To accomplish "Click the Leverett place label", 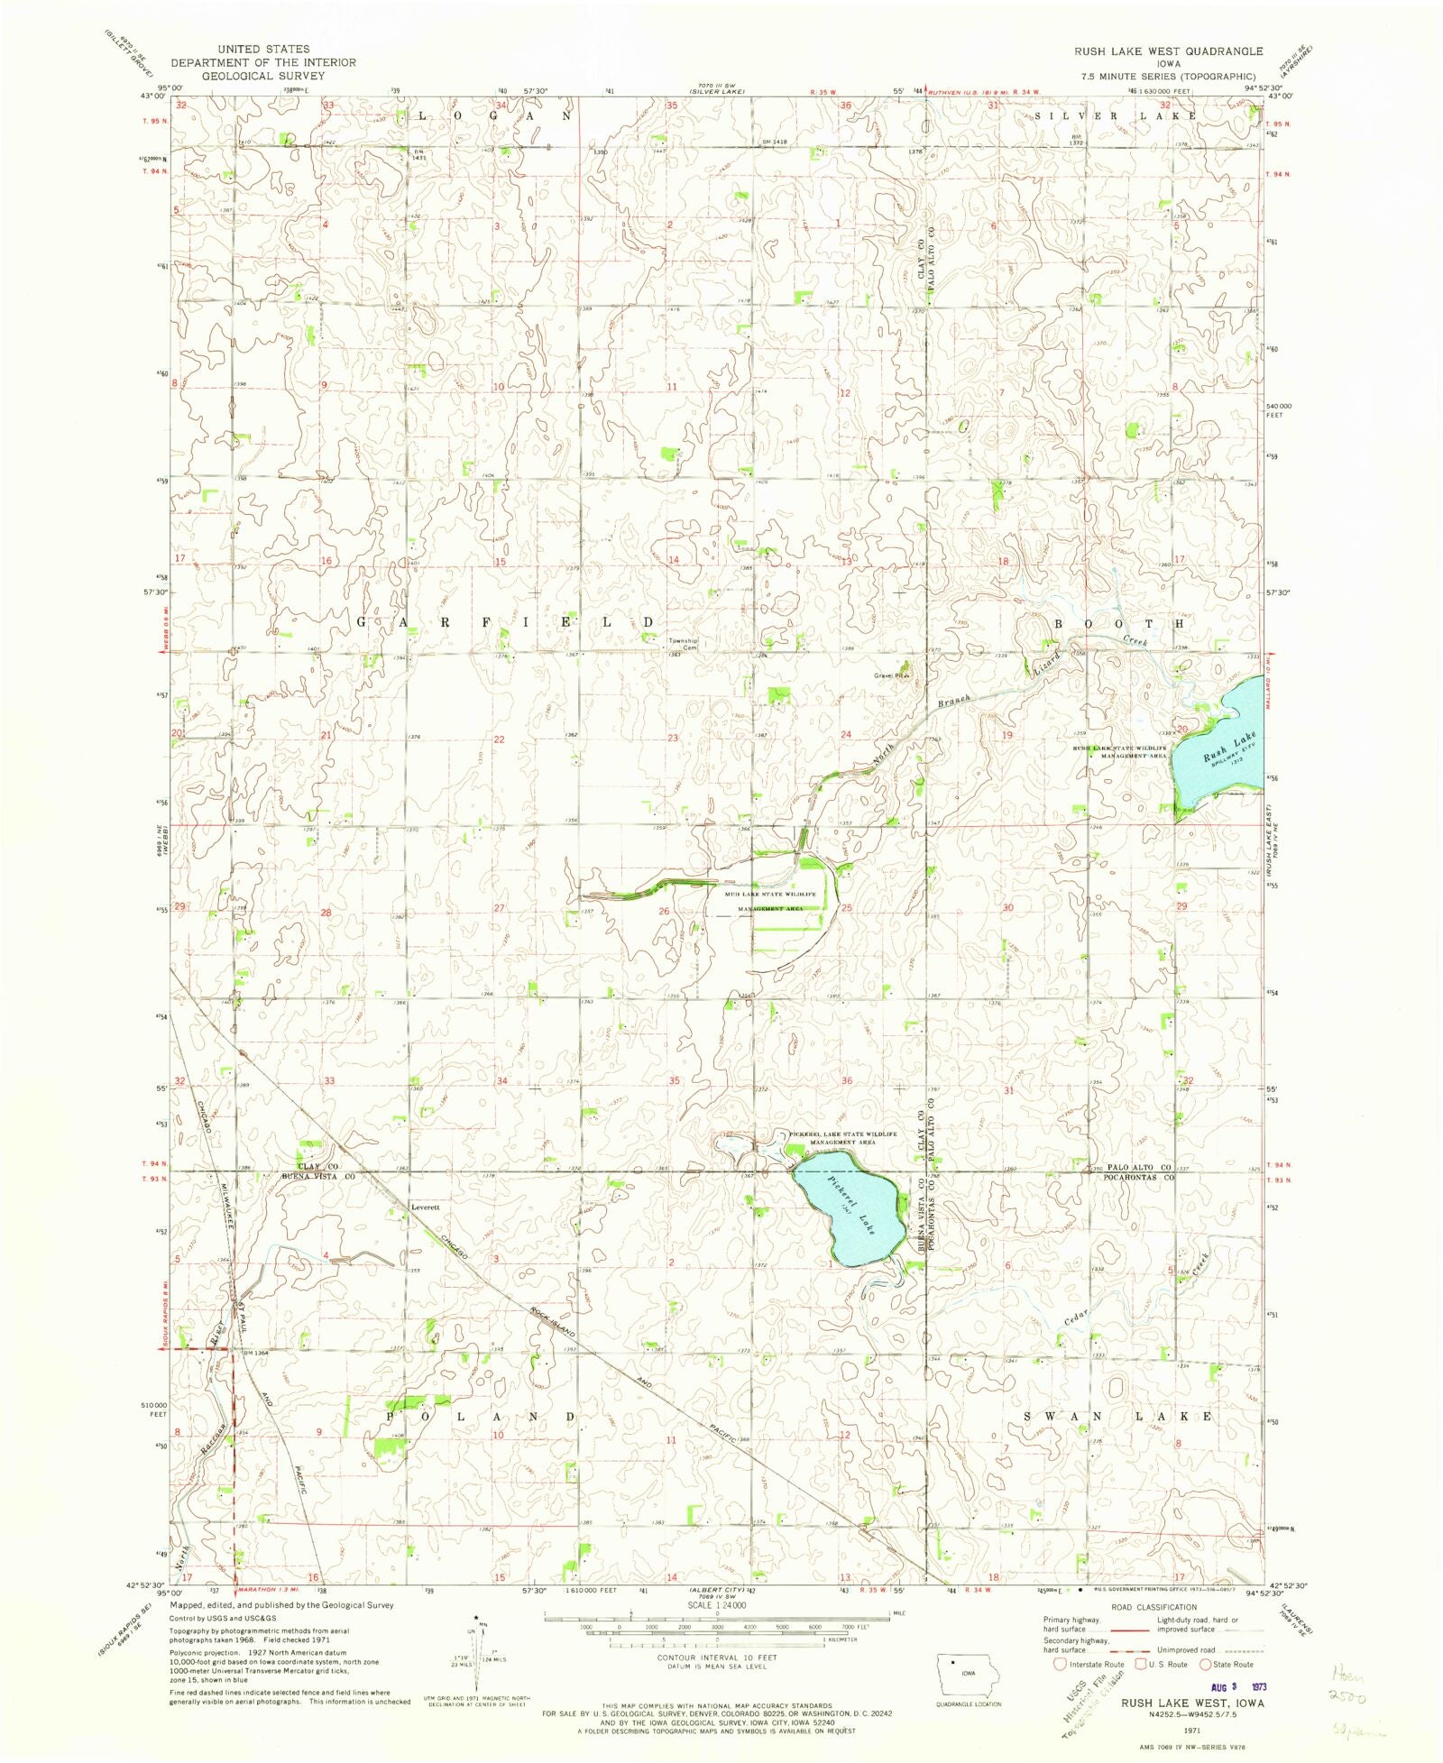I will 425,1207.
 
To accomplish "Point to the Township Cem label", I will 683,644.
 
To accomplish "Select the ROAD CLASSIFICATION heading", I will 1154,1607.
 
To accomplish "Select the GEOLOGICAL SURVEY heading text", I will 262,76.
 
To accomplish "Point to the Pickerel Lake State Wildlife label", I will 842,1134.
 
